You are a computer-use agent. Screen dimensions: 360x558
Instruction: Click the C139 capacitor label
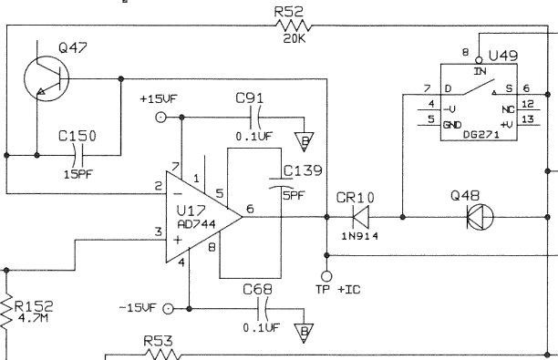point(302,171)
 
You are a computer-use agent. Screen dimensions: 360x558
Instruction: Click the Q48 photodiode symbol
point(479,217)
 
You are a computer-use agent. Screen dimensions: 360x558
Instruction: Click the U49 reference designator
point(503,56)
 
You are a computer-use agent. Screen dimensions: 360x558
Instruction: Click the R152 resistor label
point(36,306)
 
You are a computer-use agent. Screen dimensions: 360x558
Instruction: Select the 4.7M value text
point(36,319)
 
